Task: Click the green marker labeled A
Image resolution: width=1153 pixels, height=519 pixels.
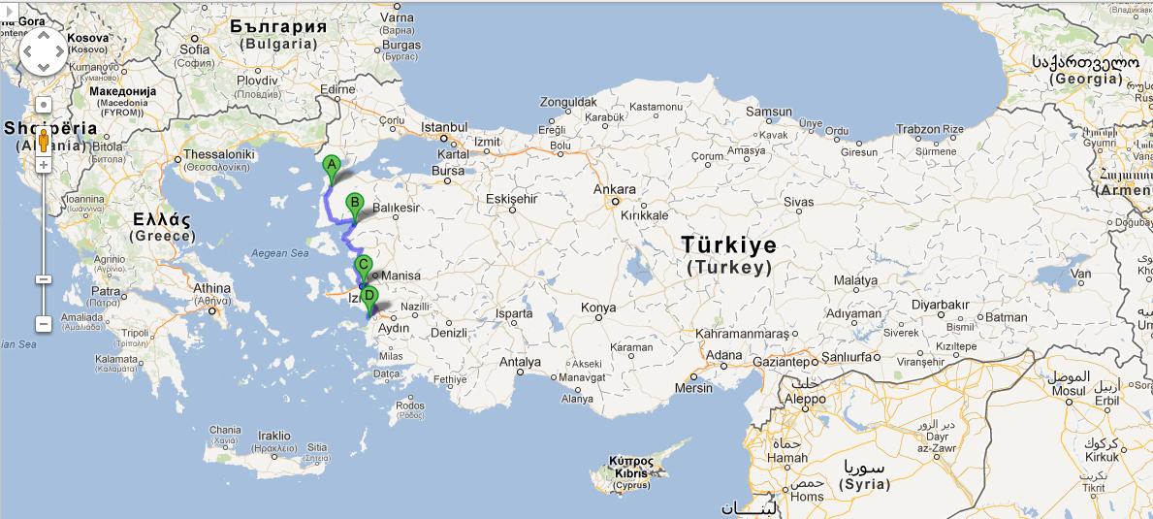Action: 331,166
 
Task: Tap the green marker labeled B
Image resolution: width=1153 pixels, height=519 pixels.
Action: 355,205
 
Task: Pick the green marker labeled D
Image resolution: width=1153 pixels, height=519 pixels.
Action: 368,295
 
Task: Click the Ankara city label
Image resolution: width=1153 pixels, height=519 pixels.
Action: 616,190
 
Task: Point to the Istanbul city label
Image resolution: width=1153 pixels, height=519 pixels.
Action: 445,127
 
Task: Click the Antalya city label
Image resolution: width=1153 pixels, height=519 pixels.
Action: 520,362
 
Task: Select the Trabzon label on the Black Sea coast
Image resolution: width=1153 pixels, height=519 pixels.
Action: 917,129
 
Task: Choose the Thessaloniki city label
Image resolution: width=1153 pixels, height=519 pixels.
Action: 219,154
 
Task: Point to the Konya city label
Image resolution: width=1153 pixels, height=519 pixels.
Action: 597,308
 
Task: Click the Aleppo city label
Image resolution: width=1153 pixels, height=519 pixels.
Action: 805,398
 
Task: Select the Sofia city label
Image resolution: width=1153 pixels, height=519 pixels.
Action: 194,49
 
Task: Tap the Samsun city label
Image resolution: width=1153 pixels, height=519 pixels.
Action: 768,112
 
